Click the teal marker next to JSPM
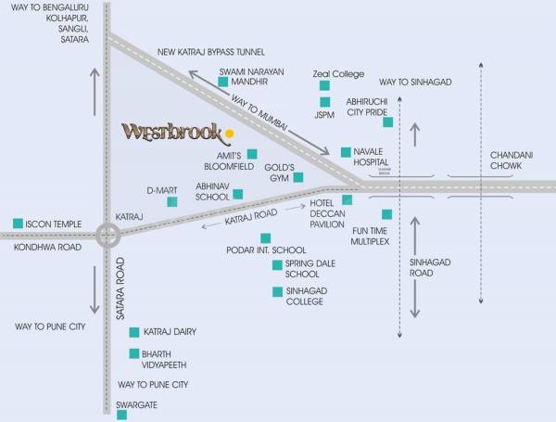[x=324, y=102]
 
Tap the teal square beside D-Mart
[x=171, y=201]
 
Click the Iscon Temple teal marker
[x=18, y=224]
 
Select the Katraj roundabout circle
[x=108, y=237]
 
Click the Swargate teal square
[x=121, y=416]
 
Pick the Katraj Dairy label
[x=171, y=332]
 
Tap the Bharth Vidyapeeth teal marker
[x=134, y=353]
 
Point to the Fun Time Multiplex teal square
[x=386, y=214]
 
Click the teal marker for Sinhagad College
[x=277, y=292]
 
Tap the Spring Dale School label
[x=302, y=269]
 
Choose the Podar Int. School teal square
[x=266, y=237]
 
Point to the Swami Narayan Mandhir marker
[x=222, y=82]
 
